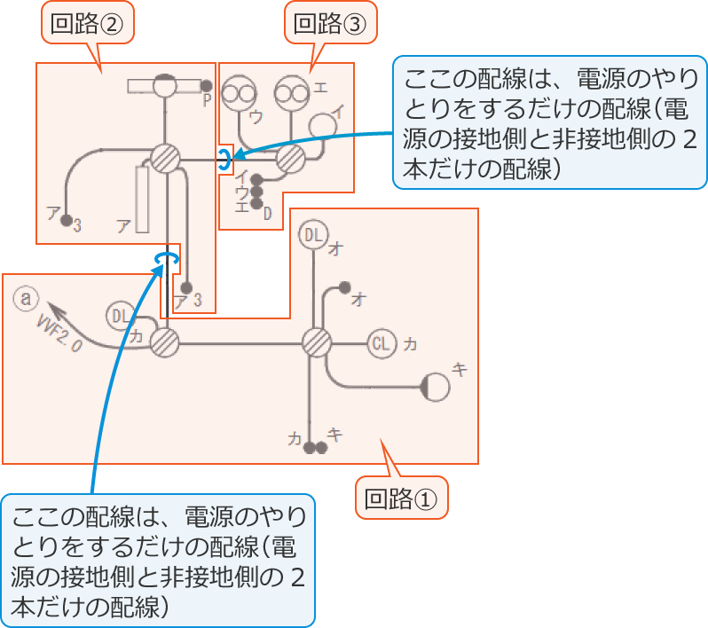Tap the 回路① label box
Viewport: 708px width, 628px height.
[x=402, y=499]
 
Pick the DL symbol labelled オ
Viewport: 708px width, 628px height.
[x=313, y=235]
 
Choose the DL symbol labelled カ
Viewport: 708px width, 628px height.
[x=121, y=316]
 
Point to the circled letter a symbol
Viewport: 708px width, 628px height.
[x=26, y=299]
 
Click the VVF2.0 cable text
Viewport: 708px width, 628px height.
[x=60, y=334]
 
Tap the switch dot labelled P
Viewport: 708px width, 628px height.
[x=206, y=86]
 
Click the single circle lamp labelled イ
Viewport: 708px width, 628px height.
[x=323, y=125]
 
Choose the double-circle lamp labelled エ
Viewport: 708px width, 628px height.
[x=289, y=91]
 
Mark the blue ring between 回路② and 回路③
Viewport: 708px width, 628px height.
[x=225, y=159]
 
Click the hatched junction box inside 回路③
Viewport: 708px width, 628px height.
[x=290, y=160]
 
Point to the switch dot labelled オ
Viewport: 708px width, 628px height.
[x=343, y=289]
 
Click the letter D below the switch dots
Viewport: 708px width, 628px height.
[x=266, y=213]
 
